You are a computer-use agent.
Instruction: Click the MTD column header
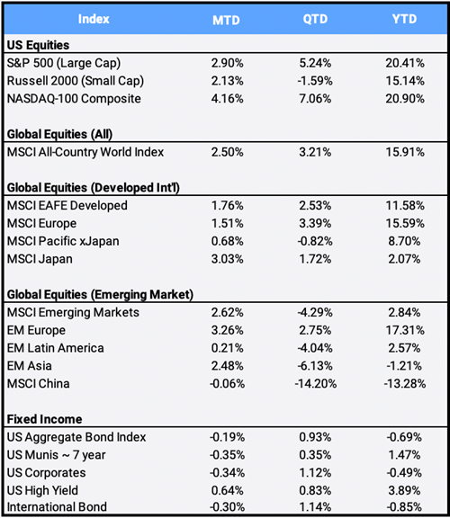click(x=226, y=20)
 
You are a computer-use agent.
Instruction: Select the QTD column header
click(x=315, y=19)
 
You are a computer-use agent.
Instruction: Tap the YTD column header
click(x=404, y=19)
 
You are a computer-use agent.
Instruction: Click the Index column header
click(x=94, y=19)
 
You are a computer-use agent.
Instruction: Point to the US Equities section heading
click(x=38, y=45)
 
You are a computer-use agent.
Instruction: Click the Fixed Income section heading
click(x=45, y=419)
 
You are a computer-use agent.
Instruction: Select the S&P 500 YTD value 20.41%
click(x=405, y=63)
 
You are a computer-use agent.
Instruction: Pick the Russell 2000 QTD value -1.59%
click(x=315, y=81)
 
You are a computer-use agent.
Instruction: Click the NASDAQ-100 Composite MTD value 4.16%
click(x=227, y=98)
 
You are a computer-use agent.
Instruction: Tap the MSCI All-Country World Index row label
click(x=85, y=152)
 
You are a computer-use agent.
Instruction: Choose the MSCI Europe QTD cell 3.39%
click(x=315, y=223)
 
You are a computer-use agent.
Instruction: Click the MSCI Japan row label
click(x=40, y=259)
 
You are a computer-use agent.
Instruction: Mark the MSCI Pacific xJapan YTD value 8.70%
click(x=404, y=241)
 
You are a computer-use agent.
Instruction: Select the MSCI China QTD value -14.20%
click(x=315, y=383)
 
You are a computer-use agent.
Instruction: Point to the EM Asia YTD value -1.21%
click(x=404, y=366)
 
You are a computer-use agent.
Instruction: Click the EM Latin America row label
click(x=55, y=348)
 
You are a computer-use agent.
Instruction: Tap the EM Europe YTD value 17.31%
click(x=405, y=330)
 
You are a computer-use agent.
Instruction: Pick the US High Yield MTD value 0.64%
click(x=227, y=491)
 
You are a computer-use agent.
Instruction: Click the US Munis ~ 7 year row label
click(x=56, y=455)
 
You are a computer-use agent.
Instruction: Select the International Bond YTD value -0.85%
click(x=404, y=507)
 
